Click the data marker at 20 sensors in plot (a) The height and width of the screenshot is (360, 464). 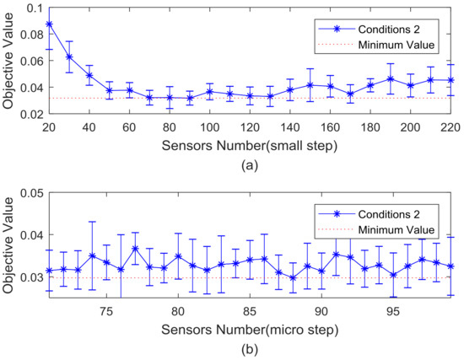tap(49, 24)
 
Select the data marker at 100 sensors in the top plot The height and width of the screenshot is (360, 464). tap(209, 91)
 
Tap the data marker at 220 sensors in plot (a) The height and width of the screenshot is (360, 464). tap(451, 80)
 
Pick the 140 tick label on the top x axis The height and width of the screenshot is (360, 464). tap(289, 126)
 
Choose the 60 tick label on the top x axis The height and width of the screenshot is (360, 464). tap(129, 126)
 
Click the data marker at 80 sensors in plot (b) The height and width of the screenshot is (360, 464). tap(178, 255)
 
